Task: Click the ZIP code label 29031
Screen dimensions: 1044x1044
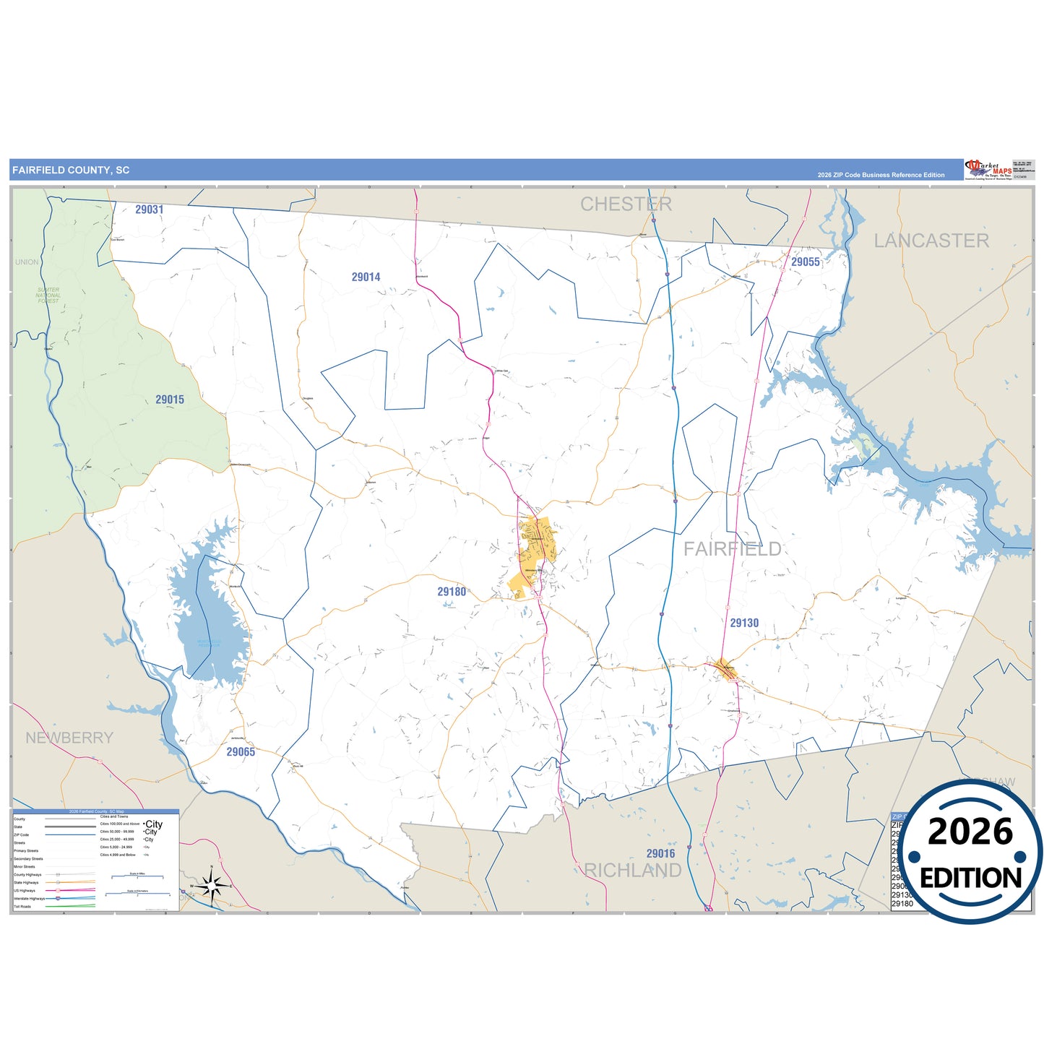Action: [149, 210]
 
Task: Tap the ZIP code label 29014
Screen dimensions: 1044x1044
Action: [366, 277]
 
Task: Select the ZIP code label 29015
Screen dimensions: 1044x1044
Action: [170, 400]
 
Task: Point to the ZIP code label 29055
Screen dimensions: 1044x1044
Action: [805, 262]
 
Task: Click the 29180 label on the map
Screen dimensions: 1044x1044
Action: [452, 592]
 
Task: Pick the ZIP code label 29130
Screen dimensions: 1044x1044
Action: [744, 623]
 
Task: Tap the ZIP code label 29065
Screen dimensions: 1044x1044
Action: [241, 752]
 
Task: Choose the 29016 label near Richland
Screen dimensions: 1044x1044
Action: [660, 854]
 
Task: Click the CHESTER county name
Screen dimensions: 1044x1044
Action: [626, 204]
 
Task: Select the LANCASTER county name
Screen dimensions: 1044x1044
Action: [931, 241]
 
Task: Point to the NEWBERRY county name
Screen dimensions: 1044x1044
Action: [69, 738]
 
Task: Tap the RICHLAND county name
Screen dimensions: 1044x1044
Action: [633, 871]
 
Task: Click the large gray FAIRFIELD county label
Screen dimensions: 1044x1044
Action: [732, 549]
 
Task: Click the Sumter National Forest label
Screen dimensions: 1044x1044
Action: [48, 295]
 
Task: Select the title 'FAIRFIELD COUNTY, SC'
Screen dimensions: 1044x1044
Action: [71, 171]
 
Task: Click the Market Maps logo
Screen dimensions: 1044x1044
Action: [988, 170]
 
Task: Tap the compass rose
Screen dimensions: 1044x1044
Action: [211, 884]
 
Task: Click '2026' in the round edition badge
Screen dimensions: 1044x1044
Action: [970, 832]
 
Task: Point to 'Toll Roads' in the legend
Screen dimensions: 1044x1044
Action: [22, 906]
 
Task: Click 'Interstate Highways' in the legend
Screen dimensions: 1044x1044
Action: [29, 898]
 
